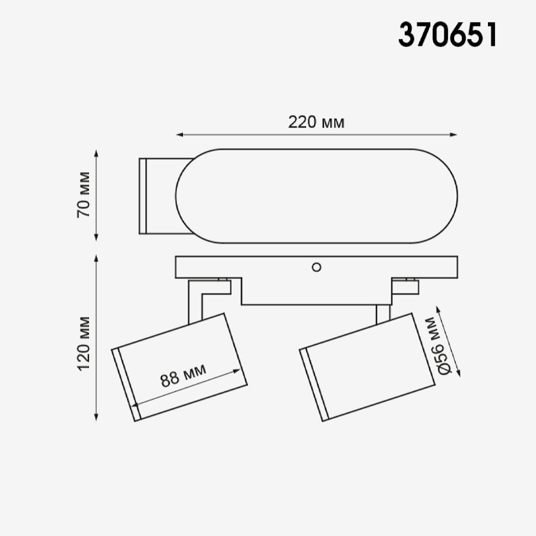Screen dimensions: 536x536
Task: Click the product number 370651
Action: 448,34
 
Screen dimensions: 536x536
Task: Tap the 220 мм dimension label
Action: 316,122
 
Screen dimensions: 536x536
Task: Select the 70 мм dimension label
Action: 83,195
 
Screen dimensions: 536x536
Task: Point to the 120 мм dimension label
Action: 83,344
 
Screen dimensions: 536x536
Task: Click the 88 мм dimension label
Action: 183,375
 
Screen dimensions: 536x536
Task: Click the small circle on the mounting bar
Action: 317,267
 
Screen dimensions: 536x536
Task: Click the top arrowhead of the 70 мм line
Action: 96,153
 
